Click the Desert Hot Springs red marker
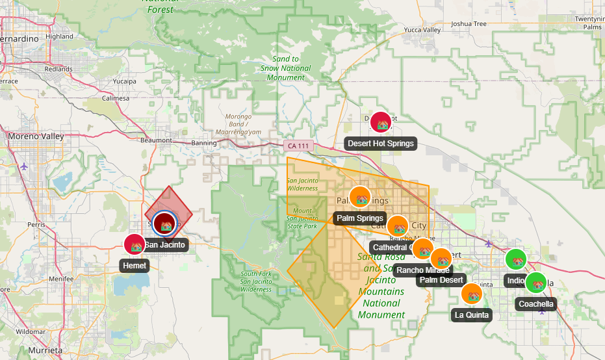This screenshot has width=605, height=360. [381, 122]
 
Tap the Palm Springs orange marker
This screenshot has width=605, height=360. [360, 197]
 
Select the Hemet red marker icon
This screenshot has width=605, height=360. [135, 245]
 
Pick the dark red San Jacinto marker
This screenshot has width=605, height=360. [165, 224]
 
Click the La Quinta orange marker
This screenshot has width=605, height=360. [472, 294]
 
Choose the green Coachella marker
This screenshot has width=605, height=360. [536, 283]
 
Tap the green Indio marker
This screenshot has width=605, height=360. [516, 260]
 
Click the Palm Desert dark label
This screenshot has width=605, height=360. [442, 280]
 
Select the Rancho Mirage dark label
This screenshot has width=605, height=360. [423, 270]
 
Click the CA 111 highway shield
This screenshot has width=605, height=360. [298, 146]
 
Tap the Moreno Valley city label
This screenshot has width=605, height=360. [36, 136]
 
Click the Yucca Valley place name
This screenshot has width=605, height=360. [422, 30]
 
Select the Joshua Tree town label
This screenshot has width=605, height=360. [469, 24]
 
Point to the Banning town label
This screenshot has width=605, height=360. [204, 143]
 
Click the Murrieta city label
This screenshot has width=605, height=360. [45, 350]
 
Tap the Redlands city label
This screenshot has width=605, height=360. [58, 68]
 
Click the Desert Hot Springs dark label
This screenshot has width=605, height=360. [380, 144]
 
